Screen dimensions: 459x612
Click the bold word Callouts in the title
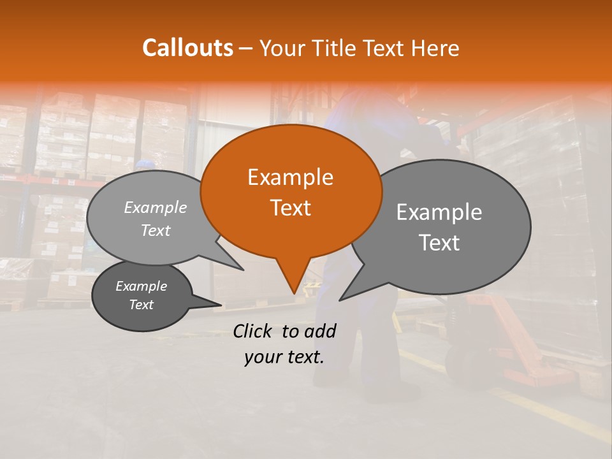pos(187,48)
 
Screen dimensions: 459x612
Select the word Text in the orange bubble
pos(290,208)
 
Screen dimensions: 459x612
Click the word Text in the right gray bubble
pos(439,242)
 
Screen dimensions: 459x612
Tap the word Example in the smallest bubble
pos(141,286)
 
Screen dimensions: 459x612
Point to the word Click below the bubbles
pos(254,331)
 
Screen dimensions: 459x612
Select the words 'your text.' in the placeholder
pos(284,357)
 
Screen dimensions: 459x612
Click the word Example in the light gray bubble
pos(155,207)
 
